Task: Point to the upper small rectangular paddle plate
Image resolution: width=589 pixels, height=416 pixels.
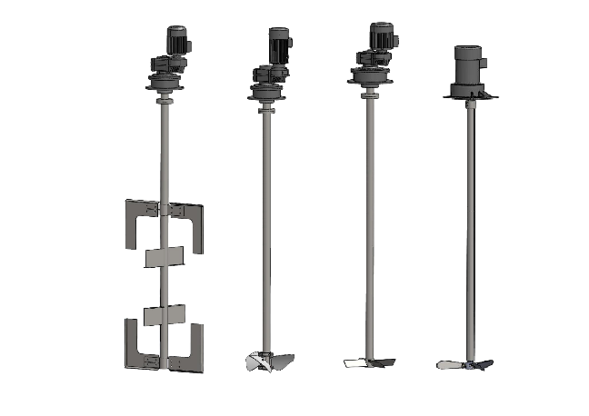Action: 165,255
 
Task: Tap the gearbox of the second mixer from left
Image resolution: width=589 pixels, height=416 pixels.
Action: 265,76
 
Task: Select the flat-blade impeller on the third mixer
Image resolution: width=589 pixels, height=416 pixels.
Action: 369,362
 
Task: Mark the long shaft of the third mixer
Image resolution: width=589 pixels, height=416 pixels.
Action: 369,227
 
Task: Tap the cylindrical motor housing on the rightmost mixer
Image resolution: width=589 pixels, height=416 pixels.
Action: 467,64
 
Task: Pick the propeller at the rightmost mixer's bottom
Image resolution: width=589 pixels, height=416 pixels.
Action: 465,364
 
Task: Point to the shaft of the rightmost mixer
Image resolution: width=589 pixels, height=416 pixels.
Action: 470,227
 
